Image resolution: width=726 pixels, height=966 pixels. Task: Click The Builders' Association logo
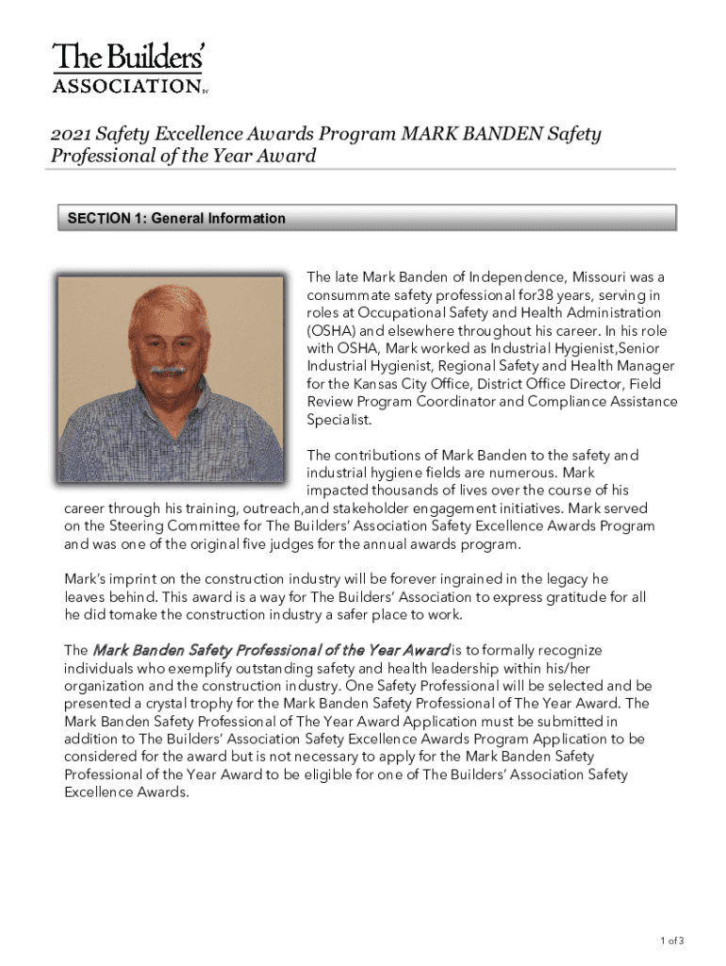click(128, 68)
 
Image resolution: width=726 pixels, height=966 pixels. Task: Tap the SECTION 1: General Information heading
click(176, 219)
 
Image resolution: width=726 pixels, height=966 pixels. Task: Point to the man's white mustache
click(168, 369)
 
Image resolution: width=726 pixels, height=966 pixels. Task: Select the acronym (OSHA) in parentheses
click(330, 331)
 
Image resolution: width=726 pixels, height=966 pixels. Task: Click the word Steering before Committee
click(116, 526)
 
